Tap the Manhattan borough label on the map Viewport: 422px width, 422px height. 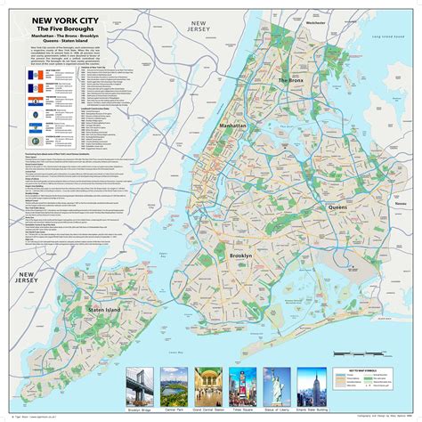pos(210,126)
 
